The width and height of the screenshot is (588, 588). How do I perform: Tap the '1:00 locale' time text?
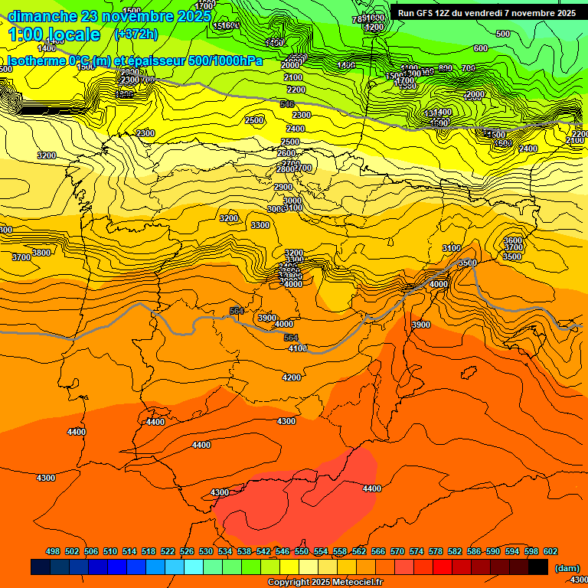[x=54, y=34]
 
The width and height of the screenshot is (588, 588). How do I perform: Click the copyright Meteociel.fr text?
[x=325, y=583]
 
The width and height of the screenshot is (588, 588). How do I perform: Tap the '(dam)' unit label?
[x=567, y=567]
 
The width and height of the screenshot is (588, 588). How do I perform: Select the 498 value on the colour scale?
[x=53, y=551]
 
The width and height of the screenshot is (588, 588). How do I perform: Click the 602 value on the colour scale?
[x=550, y=551]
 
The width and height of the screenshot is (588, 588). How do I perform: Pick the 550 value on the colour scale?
[x=302, y=551]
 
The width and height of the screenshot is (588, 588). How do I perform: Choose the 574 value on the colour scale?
[x=416, y=551]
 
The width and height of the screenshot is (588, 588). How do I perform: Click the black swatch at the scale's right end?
[x=538, y=567]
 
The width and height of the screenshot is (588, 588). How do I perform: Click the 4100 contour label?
[x=298, y=348]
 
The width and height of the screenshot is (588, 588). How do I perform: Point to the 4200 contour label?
[x=292, y=377]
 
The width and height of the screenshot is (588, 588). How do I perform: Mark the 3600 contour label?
[x=513, y=240]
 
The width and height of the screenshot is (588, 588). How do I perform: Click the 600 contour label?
[x=480, y=48]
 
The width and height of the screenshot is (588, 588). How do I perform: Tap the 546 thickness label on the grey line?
[x=287, y=104]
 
